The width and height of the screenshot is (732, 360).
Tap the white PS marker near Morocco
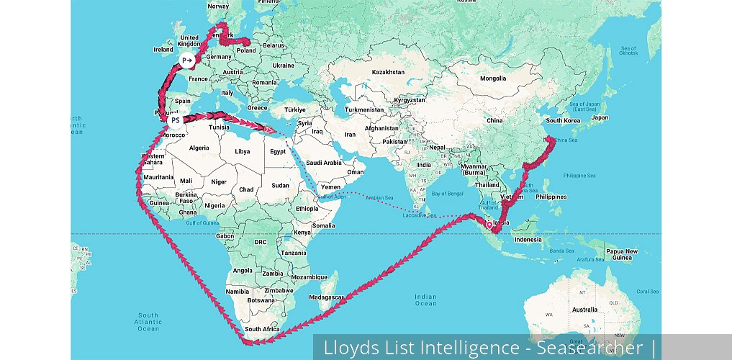175,120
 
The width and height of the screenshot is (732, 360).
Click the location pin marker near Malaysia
489,225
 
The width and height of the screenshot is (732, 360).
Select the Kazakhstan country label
388,72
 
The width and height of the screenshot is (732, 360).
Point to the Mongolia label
493,78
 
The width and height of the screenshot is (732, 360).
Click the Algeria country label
198,148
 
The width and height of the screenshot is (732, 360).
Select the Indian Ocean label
425,300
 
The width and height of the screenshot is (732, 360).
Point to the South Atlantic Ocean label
148,322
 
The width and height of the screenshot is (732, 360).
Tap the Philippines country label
551,197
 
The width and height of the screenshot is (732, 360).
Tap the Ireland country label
163,50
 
